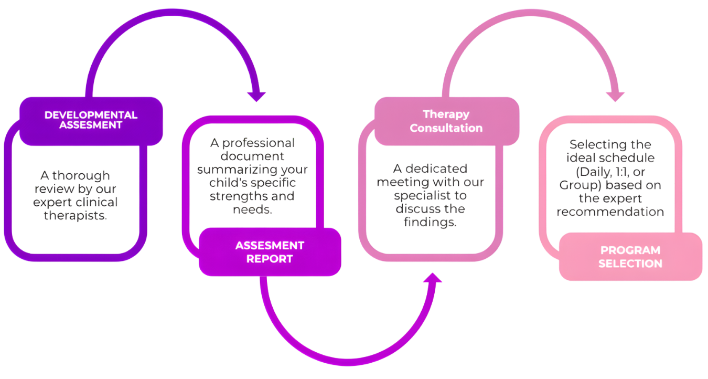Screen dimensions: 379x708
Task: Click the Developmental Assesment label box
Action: click(91, 121)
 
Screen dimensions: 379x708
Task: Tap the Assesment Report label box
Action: click(270, 252)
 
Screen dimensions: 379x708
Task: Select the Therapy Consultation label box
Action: click(446, 121)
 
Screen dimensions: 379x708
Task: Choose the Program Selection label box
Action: click(630, 257)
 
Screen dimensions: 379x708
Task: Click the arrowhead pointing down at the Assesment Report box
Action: click(256, 97)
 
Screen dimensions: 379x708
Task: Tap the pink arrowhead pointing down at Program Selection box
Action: click(615, 97)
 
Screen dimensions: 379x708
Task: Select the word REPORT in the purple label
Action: click(270, 259)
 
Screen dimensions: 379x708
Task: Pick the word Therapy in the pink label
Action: click(446, 114)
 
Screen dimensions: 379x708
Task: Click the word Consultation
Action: click(446, 128)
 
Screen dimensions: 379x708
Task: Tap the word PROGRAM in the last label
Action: click(630, 250)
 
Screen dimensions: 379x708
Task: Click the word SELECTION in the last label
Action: click(630, 264)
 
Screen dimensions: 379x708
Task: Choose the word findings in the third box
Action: click(430, 222)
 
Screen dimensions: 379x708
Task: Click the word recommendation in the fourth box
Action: click(610, 212)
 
